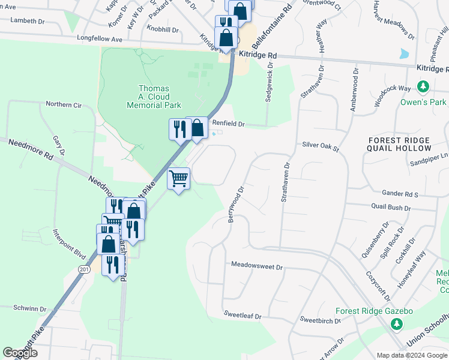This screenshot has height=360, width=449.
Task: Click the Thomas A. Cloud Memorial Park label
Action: click(154, 97)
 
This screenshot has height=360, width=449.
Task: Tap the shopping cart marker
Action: click(179, 178)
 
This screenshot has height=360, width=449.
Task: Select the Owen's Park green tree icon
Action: click(424, 88)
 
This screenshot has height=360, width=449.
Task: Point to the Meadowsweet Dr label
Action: click(256, 265)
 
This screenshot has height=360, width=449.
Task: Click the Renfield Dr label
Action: click(229, 124)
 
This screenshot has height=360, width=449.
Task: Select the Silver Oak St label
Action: click(321, 145)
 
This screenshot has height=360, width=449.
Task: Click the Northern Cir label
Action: click(64, 104)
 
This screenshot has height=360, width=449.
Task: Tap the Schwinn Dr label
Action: click(29, 308)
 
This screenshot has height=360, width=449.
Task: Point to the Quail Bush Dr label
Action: click(391, 208)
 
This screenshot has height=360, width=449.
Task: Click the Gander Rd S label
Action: click(400, 194)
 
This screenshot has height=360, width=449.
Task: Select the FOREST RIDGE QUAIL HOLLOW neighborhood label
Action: click(399, 143)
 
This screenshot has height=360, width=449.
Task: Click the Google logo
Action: click(20, 353)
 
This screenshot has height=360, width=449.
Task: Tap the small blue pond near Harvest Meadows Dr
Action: click(404, 53)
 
